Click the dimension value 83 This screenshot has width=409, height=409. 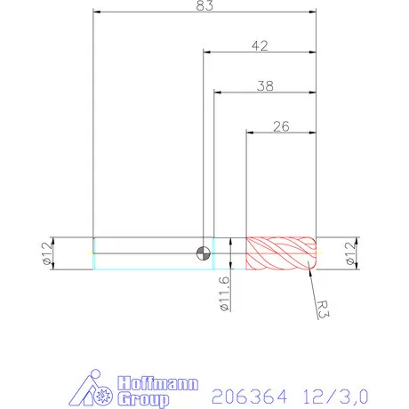point(205,6)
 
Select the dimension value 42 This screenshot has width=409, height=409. point(260,44)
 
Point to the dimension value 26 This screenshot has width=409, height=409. point(281,125)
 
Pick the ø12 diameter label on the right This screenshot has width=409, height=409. point(366,253)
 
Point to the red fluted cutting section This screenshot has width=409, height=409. point(281,253)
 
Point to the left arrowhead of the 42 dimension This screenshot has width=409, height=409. point(207,52)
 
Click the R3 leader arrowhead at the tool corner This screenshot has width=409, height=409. point(312,266)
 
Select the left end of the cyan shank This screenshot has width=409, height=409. point(94,253)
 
